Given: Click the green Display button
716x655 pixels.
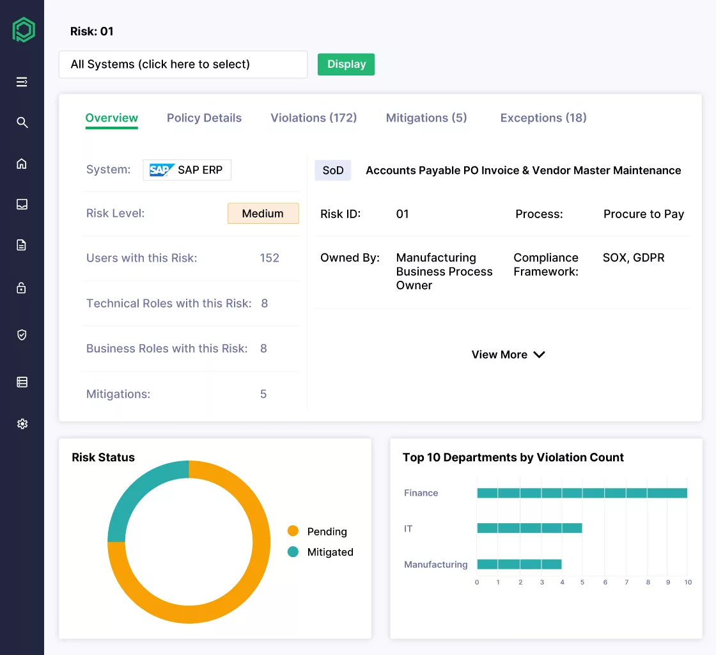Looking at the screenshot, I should coord(346,64).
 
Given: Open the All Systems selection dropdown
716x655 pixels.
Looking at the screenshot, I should coord(183,65).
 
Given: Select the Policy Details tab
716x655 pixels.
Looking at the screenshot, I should coord(204,118).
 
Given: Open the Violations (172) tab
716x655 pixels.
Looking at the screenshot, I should coord(313,118).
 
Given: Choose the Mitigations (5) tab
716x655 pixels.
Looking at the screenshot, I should coord(426,118).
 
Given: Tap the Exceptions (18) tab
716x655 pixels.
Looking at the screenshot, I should coord(543,118).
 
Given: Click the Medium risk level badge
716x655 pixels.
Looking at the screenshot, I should coord(263,214).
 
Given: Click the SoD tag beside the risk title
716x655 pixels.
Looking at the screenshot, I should coord(332,170).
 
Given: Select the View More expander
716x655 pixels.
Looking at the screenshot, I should coord(508,354).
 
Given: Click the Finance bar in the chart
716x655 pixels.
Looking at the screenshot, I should coord(582,493).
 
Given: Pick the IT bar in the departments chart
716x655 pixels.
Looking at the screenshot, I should coord(529,528).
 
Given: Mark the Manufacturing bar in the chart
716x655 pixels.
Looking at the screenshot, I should coord(519,564).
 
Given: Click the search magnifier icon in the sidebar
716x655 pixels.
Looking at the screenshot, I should coord(22,122).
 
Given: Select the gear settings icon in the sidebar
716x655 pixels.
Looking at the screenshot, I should coord(22,423).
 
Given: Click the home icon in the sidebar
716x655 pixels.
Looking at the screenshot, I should coord(22,164).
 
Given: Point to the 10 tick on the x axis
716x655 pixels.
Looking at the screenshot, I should coord(688,583).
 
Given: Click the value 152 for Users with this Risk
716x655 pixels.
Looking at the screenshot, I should coord(269,258).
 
